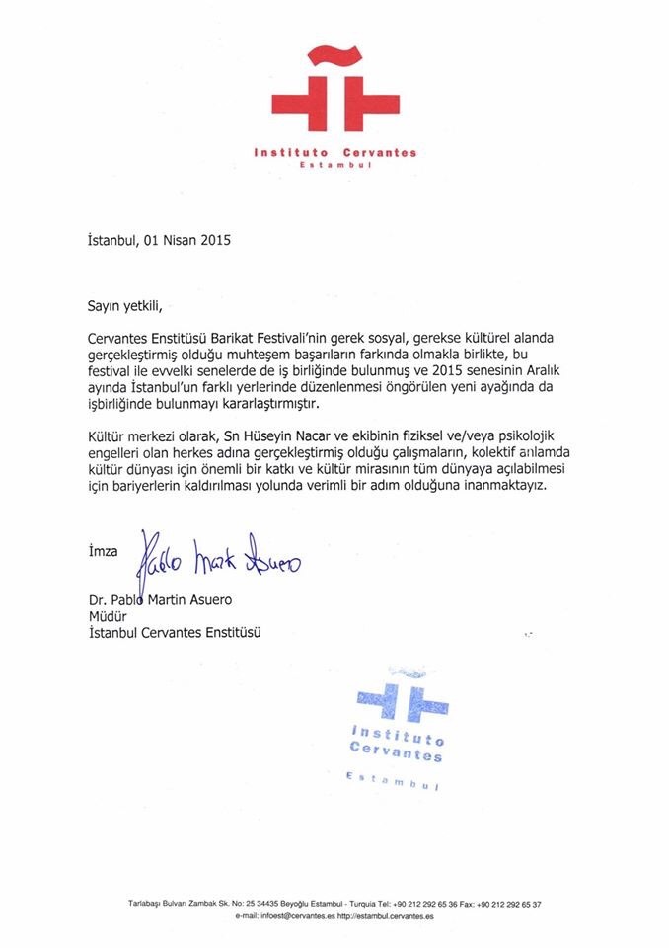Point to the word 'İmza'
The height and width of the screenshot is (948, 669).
pos(100,553)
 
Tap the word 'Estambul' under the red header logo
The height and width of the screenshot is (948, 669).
pos(334,167)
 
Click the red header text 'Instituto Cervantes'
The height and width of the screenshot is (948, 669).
pos(334,152)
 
